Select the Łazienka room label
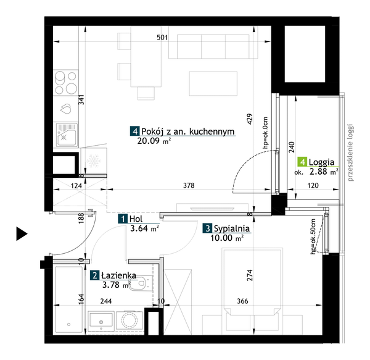(115, 275)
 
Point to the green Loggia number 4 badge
(302, 162)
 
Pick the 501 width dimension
(162, 38)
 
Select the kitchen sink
(65, 135)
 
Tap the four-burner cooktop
(65, 83)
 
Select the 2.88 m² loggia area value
(323, 173)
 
